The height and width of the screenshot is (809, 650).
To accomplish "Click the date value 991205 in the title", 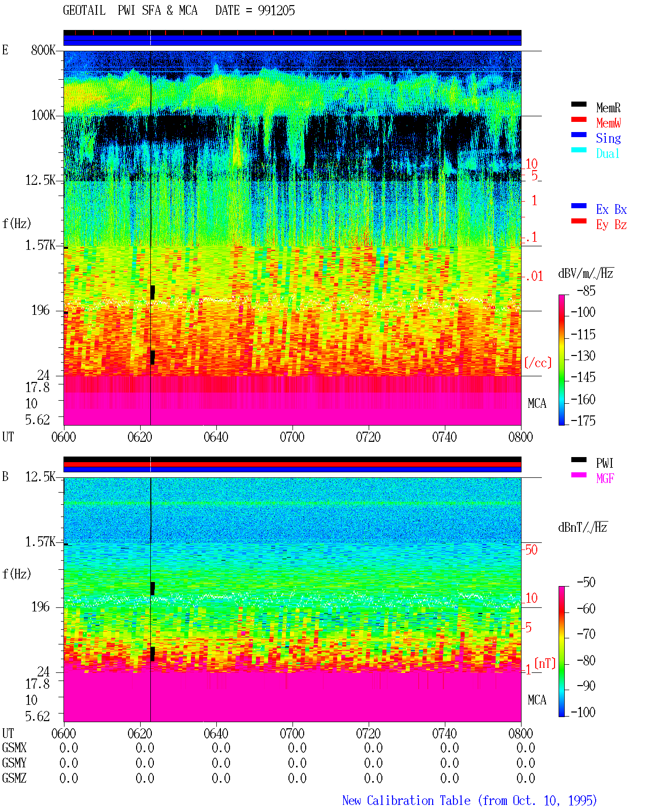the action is [276, 11].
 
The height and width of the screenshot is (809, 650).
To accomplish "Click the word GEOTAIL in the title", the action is [84, 11].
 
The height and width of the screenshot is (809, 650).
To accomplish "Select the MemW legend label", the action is [608, 122].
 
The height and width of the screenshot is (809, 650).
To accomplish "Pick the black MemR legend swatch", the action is [578, 104].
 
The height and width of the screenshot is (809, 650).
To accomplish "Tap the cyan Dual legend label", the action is [608, 153].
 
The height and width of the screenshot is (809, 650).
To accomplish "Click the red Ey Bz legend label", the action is [611, 224].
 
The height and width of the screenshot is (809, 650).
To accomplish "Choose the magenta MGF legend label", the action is [605, 478].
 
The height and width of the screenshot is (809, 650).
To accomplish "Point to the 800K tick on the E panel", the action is [43, 50].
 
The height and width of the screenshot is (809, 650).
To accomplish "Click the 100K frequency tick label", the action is [43, 115].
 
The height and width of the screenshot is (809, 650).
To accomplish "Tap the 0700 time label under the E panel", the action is [292, 437].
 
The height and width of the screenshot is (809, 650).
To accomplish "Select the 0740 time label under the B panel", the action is [444, 733].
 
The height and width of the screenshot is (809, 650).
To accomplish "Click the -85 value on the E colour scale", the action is [586, 291].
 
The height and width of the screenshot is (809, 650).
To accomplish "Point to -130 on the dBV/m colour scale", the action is [583, 356].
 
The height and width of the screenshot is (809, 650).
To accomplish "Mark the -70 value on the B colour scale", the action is [586, 634].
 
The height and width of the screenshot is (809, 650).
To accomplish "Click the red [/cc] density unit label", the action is [538, 363].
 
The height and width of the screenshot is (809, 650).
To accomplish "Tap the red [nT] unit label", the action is [545, 663].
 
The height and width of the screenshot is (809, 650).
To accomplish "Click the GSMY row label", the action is [14, 763].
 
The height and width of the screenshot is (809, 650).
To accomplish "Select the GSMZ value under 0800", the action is [526, 778].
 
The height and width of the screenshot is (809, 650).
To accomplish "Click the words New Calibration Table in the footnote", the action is [406, 800].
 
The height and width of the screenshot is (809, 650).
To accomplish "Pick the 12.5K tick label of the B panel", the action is [40, 477].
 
